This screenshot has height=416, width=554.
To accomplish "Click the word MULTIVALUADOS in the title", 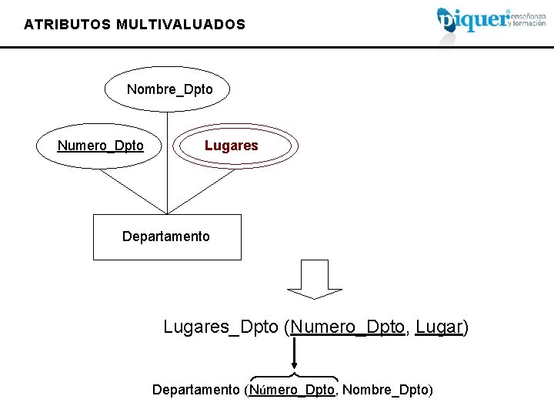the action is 181,25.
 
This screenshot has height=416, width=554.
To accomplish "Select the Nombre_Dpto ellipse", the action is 169,89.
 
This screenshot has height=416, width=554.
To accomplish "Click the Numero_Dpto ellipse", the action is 100,146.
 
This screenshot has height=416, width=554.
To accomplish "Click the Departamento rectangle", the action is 166,237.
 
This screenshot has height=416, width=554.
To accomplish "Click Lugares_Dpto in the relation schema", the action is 221,327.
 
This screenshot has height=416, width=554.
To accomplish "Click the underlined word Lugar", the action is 439,327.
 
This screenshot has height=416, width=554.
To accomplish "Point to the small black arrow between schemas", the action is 293,357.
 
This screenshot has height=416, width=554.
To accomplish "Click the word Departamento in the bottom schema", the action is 195,390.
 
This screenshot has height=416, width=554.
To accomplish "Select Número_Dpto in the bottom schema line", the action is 292,390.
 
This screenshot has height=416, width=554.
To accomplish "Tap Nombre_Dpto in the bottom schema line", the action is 385,390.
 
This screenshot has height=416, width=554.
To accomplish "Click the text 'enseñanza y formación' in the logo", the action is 527,18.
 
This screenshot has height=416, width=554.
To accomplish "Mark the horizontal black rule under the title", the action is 277,47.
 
